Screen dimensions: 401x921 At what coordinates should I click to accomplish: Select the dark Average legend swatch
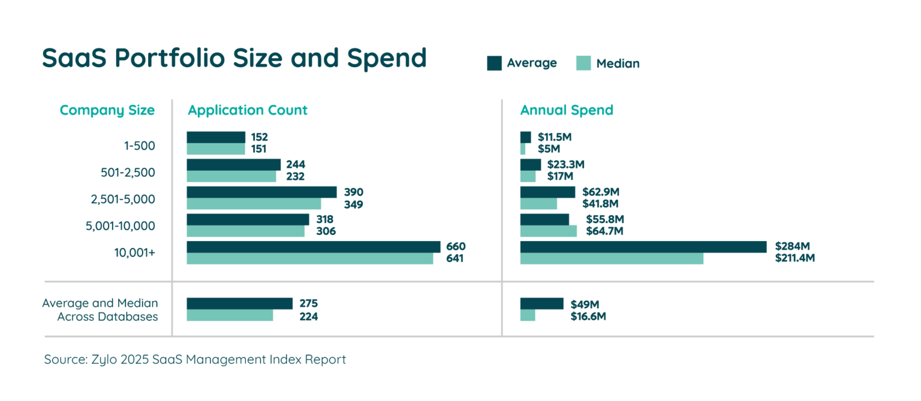point(494,63)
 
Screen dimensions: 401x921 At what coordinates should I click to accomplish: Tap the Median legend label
point(618,64)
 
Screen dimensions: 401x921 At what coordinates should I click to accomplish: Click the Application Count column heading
point(247,110)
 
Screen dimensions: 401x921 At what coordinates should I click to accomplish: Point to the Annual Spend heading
point(566,110)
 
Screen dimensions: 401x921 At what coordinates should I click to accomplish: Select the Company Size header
point(107,110)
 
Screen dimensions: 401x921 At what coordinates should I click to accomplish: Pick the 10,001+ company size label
point(134,253)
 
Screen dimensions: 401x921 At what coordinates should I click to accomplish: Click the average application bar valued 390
point(262,192)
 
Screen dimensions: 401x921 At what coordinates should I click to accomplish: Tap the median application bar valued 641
point(309,259)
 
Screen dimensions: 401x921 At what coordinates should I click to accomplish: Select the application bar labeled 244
point(234,164)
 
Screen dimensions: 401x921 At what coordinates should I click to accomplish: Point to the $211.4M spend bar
point(612,259)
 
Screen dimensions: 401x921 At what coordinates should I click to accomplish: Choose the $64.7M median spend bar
point(548,231)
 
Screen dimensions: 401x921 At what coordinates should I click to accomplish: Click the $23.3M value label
point(565,164)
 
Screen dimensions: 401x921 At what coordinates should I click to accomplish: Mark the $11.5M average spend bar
point(525,137)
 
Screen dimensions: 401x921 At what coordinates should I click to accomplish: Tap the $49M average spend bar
point(541,303)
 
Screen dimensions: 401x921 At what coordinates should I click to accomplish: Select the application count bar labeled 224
point(230,315)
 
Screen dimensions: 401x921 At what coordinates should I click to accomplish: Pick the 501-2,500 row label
point(127,172)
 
